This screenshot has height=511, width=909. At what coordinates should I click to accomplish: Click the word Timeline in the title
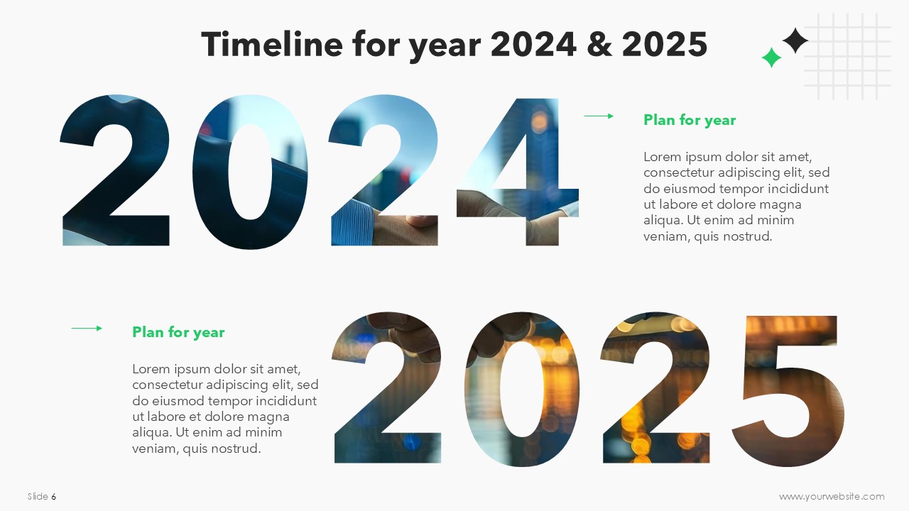(x=272, y=44)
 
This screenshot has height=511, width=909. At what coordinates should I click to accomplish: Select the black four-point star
(x=795, y=40)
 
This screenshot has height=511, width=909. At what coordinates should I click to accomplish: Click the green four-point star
(x=771, y=57)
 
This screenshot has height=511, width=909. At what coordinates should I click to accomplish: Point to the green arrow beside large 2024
(x=599, y=116)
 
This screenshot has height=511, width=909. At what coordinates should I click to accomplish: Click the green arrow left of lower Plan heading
(x=87, y=328)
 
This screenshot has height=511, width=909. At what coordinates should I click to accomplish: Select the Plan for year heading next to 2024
(x=690, y=120)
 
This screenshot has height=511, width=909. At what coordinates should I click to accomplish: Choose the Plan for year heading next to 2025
(x=178, y=332)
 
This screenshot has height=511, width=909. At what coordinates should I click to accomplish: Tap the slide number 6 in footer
(x=54, y=496)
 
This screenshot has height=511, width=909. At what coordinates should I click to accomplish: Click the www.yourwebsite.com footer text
(x=832, y=496)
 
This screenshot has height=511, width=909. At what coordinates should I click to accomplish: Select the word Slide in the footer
(x=38, y=496)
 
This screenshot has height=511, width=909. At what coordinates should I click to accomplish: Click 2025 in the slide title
(x=665, y=44)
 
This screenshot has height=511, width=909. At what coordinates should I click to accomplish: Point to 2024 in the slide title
(x=533, y=44)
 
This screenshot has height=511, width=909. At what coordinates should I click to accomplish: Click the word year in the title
(x=445, y=48)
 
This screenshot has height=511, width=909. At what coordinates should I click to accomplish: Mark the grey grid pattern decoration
(x=848, y=56)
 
